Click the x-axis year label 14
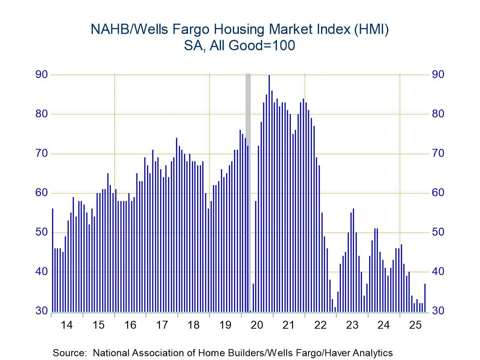67,325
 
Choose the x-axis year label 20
257,325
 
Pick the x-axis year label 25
415,325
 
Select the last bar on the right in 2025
425,298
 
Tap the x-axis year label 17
162,325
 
